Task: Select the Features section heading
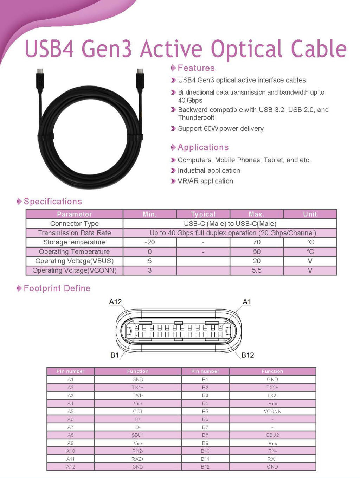[196, 68]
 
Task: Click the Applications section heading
[203, 147]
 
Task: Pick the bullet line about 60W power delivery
[220, 129]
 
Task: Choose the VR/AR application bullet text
[205, 181]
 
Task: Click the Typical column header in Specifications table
[203, 214]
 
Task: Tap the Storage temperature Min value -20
[150, 242]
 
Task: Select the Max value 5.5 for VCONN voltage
[257, 270]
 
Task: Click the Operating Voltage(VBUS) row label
[75, 261]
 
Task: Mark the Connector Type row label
[75, 224]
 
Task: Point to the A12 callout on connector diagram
[115, 302]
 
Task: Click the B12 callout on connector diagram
[247, 355]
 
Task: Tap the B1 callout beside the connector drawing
[115, 355]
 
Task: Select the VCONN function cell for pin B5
[272, 411]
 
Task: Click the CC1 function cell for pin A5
[138, 411]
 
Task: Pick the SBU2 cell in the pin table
[272, 435]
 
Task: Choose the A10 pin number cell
[71, 451]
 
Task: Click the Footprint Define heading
[57, 288]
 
